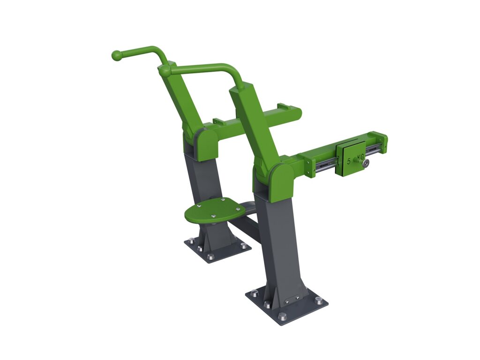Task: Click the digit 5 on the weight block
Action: (349, 161)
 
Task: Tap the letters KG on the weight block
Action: (360, 157)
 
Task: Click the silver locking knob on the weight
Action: (365, 163)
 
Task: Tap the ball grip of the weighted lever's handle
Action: (165, 71)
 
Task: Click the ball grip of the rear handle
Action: (117, 55)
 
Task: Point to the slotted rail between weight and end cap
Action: (373, 150)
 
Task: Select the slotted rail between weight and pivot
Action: (326, 164)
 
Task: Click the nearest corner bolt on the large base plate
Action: (283, 316)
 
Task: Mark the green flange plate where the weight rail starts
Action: (310, 167)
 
